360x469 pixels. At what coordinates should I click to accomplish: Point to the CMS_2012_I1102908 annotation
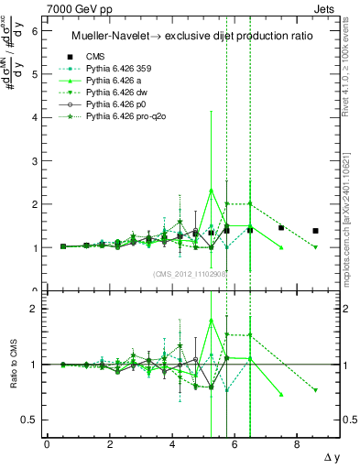click(190, 273)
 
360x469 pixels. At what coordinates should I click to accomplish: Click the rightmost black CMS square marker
click(315, 231)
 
